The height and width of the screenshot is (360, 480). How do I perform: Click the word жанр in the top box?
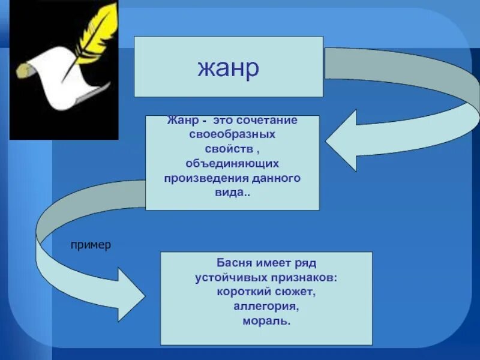click(228, 67)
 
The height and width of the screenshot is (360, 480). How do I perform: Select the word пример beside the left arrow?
click(91, 246)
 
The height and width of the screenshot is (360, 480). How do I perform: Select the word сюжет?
click(295, 293)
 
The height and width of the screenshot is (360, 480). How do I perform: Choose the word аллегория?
click(266, 307)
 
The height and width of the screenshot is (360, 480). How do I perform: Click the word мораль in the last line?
click(266, 322)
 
